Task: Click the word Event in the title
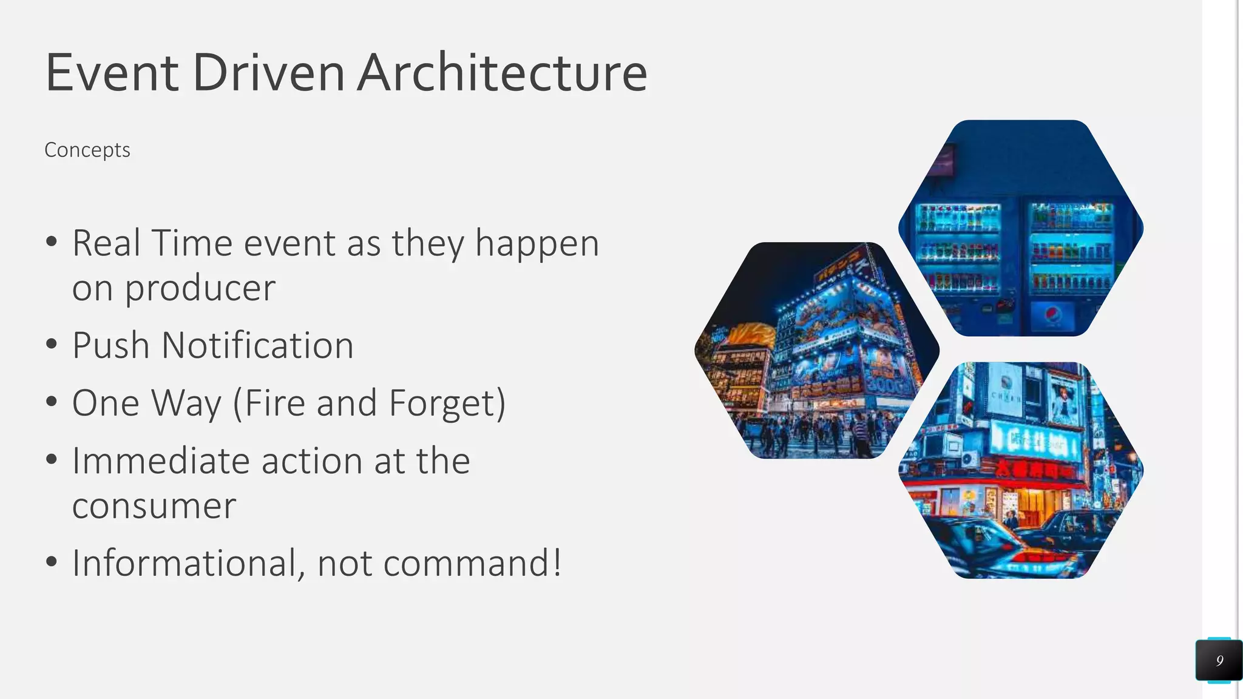tap(112, 73)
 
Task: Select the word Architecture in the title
tap(502, 73)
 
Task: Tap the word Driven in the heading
tap(268, 73)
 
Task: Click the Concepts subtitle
tap(87, 150)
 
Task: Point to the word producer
tap(200, 288)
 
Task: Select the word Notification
tap(257, 346)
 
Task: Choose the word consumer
tap(154, 506)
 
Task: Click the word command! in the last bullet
tap(472, 563)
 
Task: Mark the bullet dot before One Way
tap(52, 402)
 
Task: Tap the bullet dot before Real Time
tap(52, 241)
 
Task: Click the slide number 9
tap(1219, 660)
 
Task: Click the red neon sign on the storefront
tap(1032, 469)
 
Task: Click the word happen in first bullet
tap(537, 244)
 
